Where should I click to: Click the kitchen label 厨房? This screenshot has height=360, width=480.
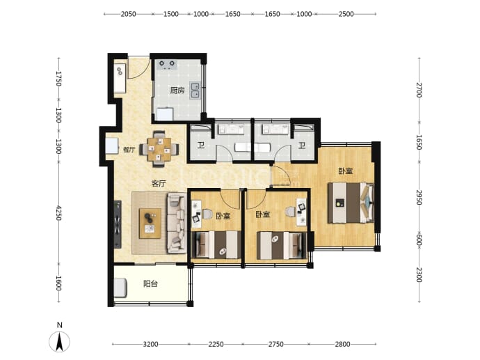177,91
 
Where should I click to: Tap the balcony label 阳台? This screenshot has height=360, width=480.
150,283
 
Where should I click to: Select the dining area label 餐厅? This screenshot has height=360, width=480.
129,150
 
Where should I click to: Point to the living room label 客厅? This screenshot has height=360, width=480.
159,184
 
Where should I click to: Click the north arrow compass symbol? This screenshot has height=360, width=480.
59,341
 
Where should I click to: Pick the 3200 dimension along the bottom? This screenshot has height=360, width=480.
151,344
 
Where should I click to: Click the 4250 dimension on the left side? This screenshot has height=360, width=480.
58,213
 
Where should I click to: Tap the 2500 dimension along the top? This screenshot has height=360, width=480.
346,14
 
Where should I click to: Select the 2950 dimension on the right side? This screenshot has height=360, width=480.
419,198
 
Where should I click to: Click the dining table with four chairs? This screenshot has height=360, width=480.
159,149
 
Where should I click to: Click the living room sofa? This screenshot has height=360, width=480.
177,223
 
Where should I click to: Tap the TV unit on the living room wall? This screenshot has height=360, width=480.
118,224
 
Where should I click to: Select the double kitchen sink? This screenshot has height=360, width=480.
195,91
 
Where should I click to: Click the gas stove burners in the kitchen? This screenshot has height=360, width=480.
167,65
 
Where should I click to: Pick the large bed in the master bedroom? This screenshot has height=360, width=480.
351,203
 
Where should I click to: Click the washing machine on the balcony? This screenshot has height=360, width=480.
120,287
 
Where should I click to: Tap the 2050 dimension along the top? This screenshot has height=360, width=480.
128,14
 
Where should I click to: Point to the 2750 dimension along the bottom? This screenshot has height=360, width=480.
275,344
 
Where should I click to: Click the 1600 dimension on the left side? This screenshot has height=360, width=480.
58,283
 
